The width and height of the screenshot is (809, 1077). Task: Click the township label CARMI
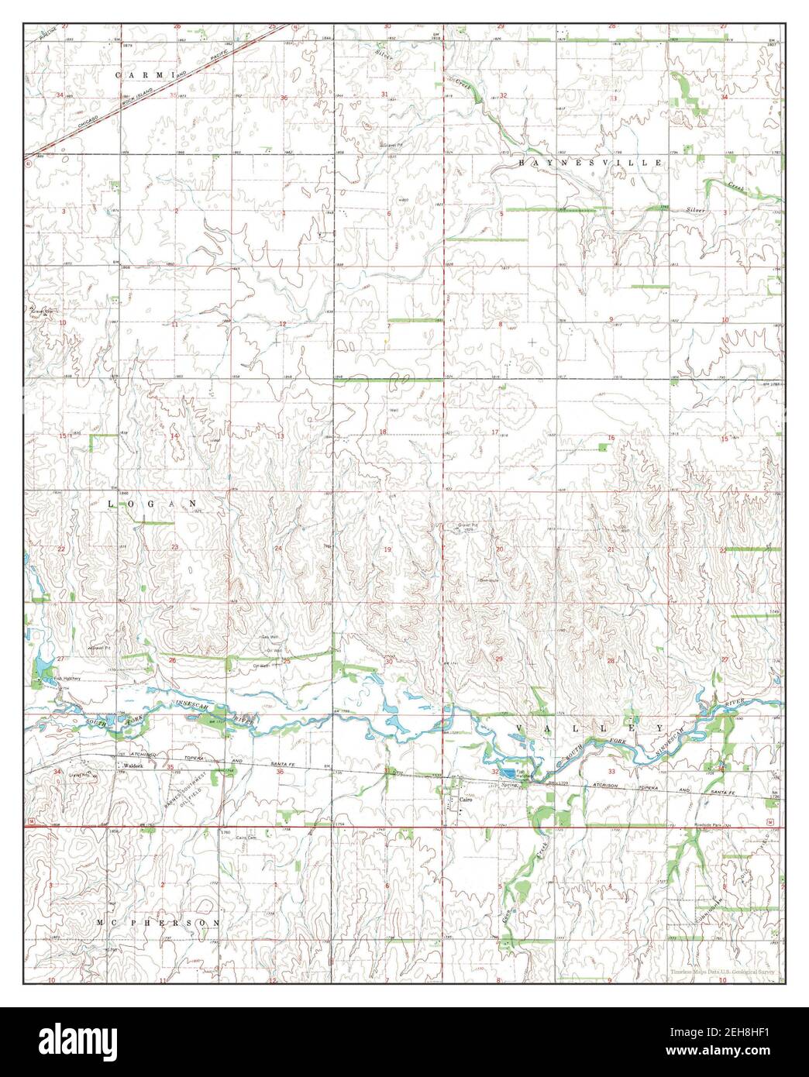[143, 74]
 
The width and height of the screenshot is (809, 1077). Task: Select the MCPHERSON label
[159, 924]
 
